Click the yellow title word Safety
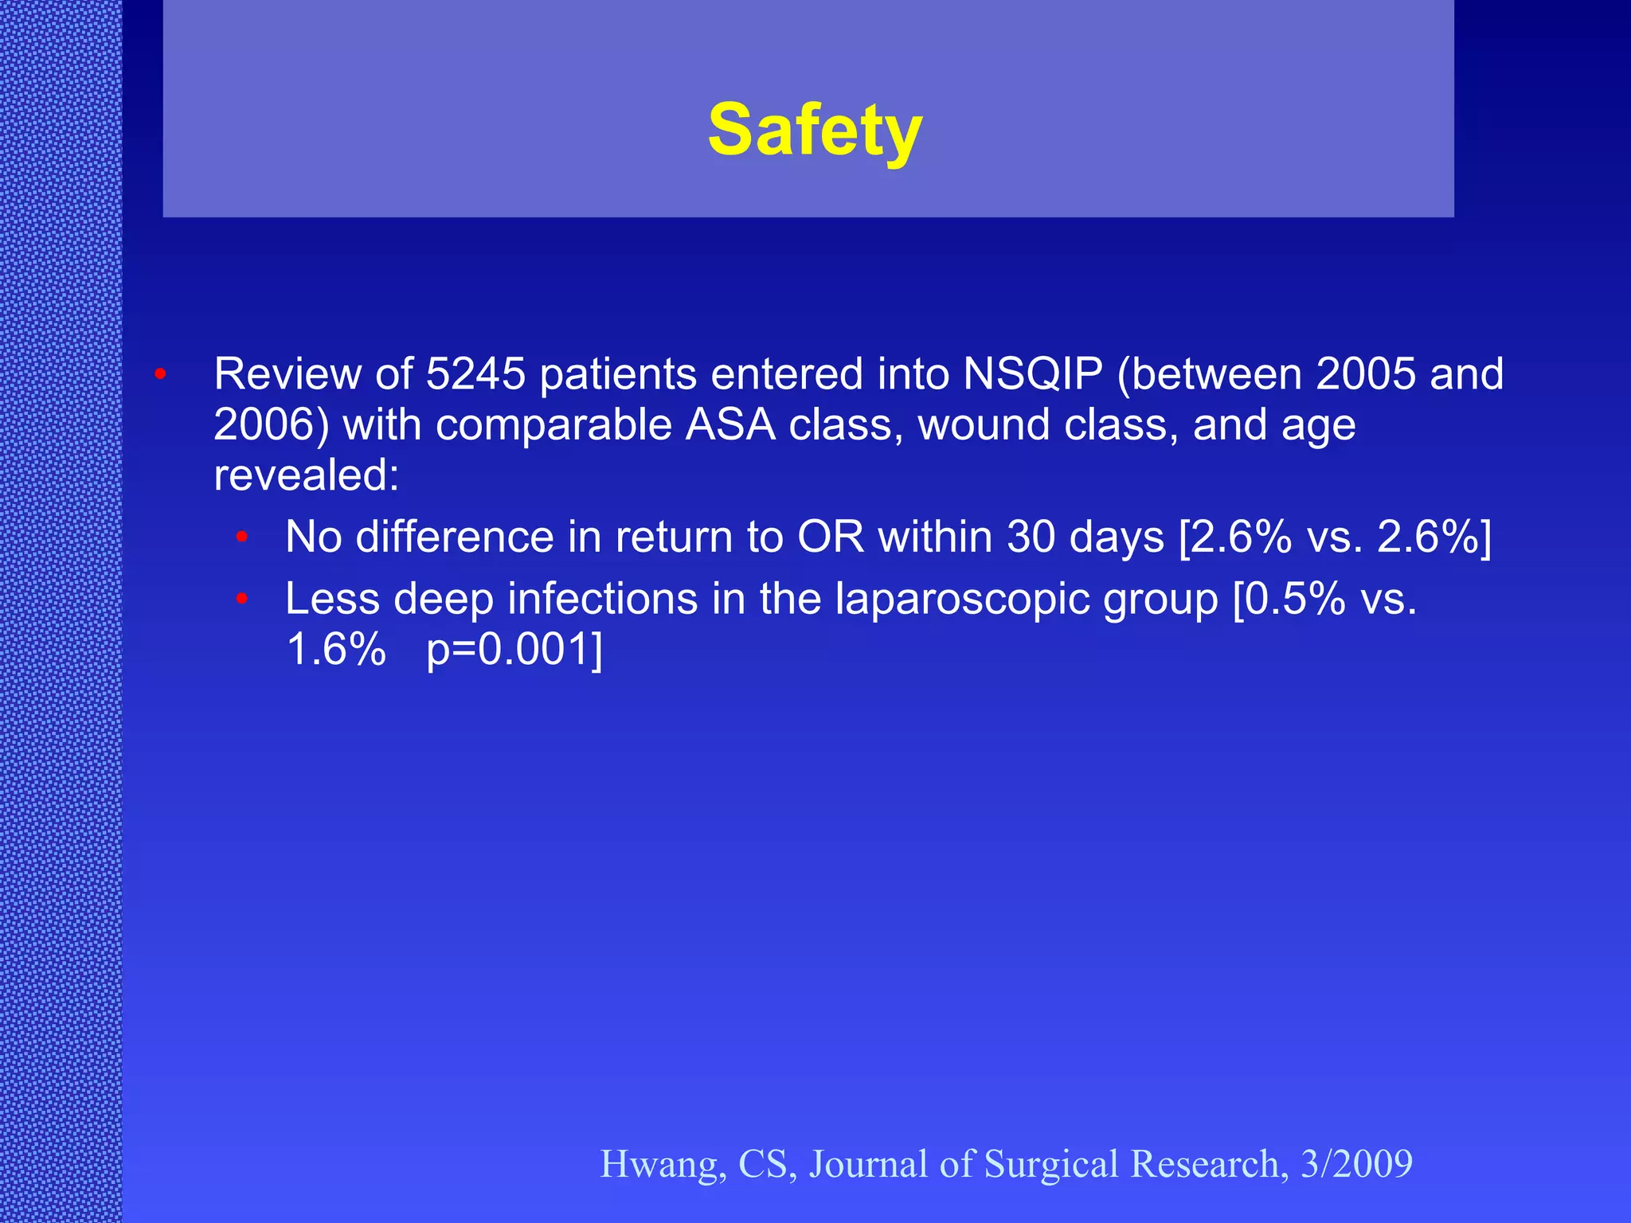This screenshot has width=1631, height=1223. (815, 130)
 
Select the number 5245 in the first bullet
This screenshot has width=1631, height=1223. (475, 373)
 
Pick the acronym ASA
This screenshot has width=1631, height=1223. (730, 424)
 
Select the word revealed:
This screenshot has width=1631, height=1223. (307, 475)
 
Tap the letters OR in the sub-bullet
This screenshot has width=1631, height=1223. (831, 537)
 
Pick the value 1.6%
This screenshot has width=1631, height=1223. (335, 649)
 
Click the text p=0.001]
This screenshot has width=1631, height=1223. (514, 649)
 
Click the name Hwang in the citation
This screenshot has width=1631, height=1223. (663, 1164)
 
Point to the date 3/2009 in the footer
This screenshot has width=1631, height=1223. (1356, 1164)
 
